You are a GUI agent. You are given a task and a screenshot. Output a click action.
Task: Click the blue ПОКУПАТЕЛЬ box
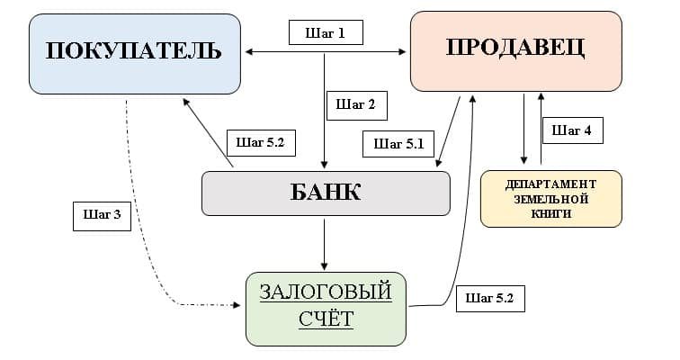[135, 52]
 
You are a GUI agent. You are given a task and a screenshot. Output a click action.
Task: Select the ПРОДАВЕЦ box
[515, 49]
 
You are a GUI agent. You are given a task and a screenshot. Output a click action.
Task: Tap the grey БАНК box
[325, 193]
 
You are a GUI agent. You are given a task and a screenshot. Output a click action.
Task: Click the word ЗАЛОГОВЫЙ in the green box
[326, 292]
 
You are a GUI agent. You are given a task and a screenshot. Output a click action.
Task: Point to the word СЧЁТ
[326, 319]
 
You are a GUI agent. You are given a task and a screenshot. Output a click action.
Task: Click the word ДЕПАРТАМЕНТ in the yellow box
[550, 184]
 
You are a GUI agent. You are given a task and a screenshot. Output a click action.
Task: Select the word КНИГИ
[550, 215]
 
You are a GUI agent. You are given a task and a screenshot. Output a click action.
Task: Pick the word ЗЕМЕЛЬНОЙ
[550, 199]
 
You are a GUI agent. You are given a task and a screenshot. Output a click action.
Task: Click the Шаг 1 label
[325, 32]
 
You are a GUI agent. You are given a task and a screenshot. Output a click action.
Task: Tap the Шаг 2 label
[355, 103]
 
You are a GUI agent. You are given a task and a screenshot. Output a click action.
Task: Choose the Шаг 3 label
[102, 214]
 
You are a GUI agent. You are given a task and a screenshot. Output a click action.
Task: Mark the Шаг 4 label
[572, 130]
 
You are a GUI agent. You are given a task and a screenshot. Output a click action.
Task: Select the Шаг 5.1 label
[398, 142]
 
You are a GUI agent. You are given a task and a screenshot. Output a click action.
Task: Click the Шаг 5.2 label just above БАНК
[262, 141]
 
